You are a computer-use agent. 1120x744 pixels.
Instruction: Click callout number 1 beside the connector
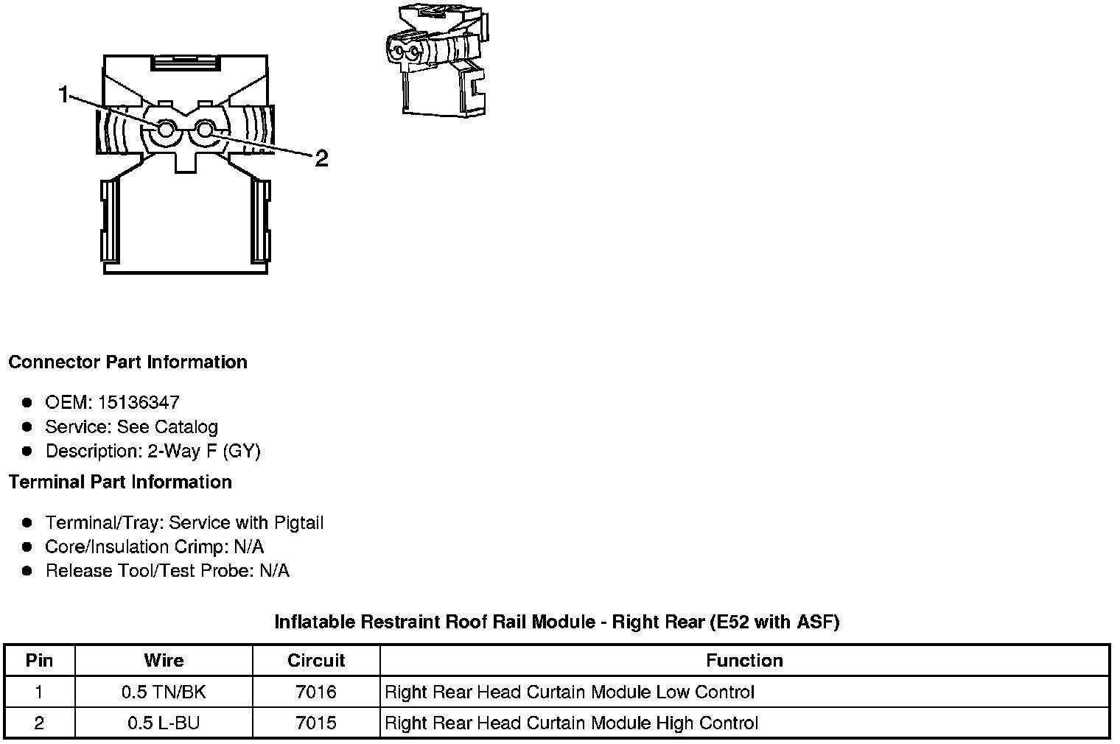click(x=63, y=94)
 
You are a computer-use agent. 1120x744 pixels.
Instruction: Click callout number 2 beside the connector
click(x=321, y=158)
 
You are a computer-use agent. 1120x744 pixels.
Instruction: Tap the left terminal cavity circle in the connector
click(x=164, y=131)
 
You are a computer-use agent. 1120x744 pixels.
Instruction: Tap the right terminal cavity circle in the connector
click(x=206, y=131)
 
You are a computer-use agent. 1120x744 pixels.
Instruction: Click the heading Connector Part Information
click(x=127, y=362)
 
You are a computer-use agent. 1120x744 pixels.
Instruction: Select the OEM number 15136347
click(x=139, y=402)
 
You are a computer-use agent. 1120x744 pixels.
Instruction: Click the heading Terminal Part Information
click(x=120, y=482)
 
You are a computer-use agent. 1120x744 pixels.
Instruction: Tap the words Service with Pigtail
click(x=246, y=522)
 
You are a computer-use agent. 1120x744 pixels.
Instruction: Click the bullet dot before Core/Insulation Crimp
click(x=27, y=547)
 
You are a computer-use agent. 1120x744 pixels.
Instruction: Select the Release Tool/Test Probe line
click(x=167, y=571)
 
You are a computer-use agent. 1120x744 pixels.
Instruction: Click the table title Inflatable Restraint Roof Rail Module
click(x=556, y=622)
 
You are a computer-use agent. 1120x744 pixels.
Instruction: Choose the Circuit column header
click(x=316, y=660)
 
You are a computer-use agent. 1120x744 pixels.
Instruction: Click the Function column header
click(x=744, y=660)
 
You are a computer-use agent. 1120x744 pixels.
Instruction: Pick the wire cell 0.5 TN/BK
click(x=164, y=692)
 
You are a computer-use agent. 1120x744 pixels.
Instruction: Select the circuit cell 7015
click(x=316, y=723)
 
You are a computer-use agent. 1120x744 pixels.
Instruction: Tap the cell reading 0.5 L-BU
click(x=164, y=723)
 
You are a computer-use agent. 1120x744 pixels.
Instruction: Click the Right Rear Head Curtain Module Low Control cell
click(x=570, y=692)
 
